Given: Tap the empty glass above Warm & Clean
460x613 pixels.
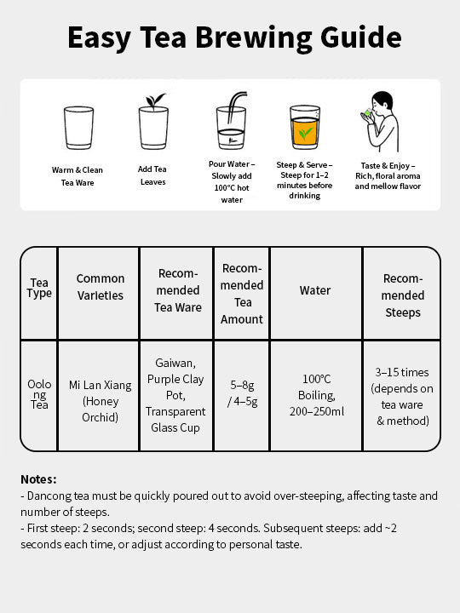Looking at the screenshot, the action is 78,128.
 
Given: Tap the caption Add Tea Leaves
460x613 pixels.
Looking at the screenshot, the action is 152,175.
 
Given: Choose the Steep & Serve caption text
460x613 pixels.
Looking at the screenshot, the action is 304,180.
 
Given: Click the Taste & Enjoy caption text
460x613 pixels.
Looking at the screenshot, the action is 388,175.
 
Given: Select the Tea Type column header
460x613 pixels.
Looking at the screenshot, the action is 39,288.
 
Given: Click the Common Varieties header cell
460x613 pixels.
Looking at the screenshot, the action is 101,287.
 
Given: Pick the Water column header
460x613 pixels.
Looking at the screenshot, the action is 315,290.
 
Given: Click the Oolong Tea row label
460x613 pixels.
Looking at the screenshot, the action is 39,395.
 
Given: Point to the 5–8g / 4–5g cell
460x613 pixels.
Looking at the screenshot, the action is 242,394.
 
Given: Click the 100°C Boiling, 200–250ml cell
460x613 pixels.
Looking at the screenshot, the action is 316,395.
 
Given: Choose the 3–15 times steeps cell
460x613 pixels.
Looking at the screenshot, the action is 403,396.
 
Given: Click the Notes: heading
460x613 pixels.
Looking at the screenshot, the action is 39,479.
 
